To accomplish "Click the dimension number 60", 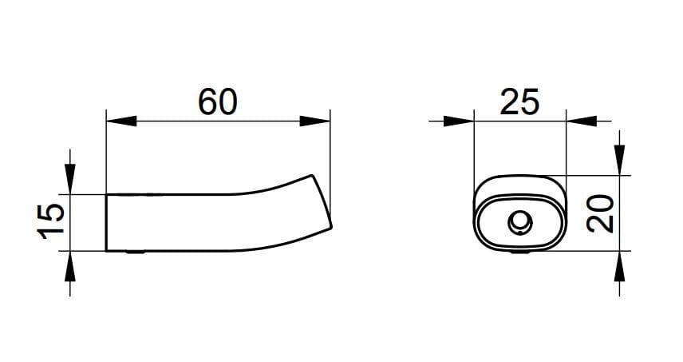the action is coord(218,101).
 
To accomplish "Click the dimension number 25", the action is coord(519,101).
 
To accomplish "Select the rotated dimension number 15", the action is coord(51,221).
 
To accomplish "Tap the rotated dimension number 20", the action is coord(600,213).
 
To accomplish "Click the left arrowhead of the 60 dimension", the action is coord(121,121).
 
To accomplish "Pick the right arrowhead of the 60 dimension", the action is coord(315,121).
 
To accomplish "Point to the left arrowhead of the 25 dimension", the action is coord(459,121).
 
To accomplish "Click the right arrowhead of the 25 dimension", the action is coord(582,121).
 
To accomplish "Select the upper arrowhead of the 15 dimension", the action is coord(70,179).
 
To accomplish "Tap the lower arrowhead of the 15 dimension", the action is coord(70,266).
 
